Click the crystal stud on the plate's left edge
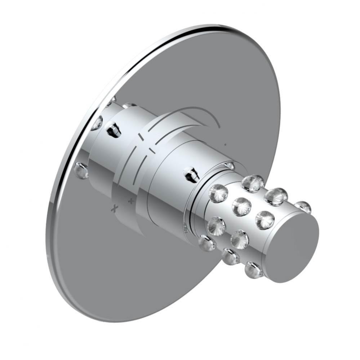81,170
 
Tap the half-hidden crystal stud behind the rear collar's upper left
97,122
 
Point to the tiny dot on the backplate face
225,145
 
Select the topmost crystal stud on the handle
252,183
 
